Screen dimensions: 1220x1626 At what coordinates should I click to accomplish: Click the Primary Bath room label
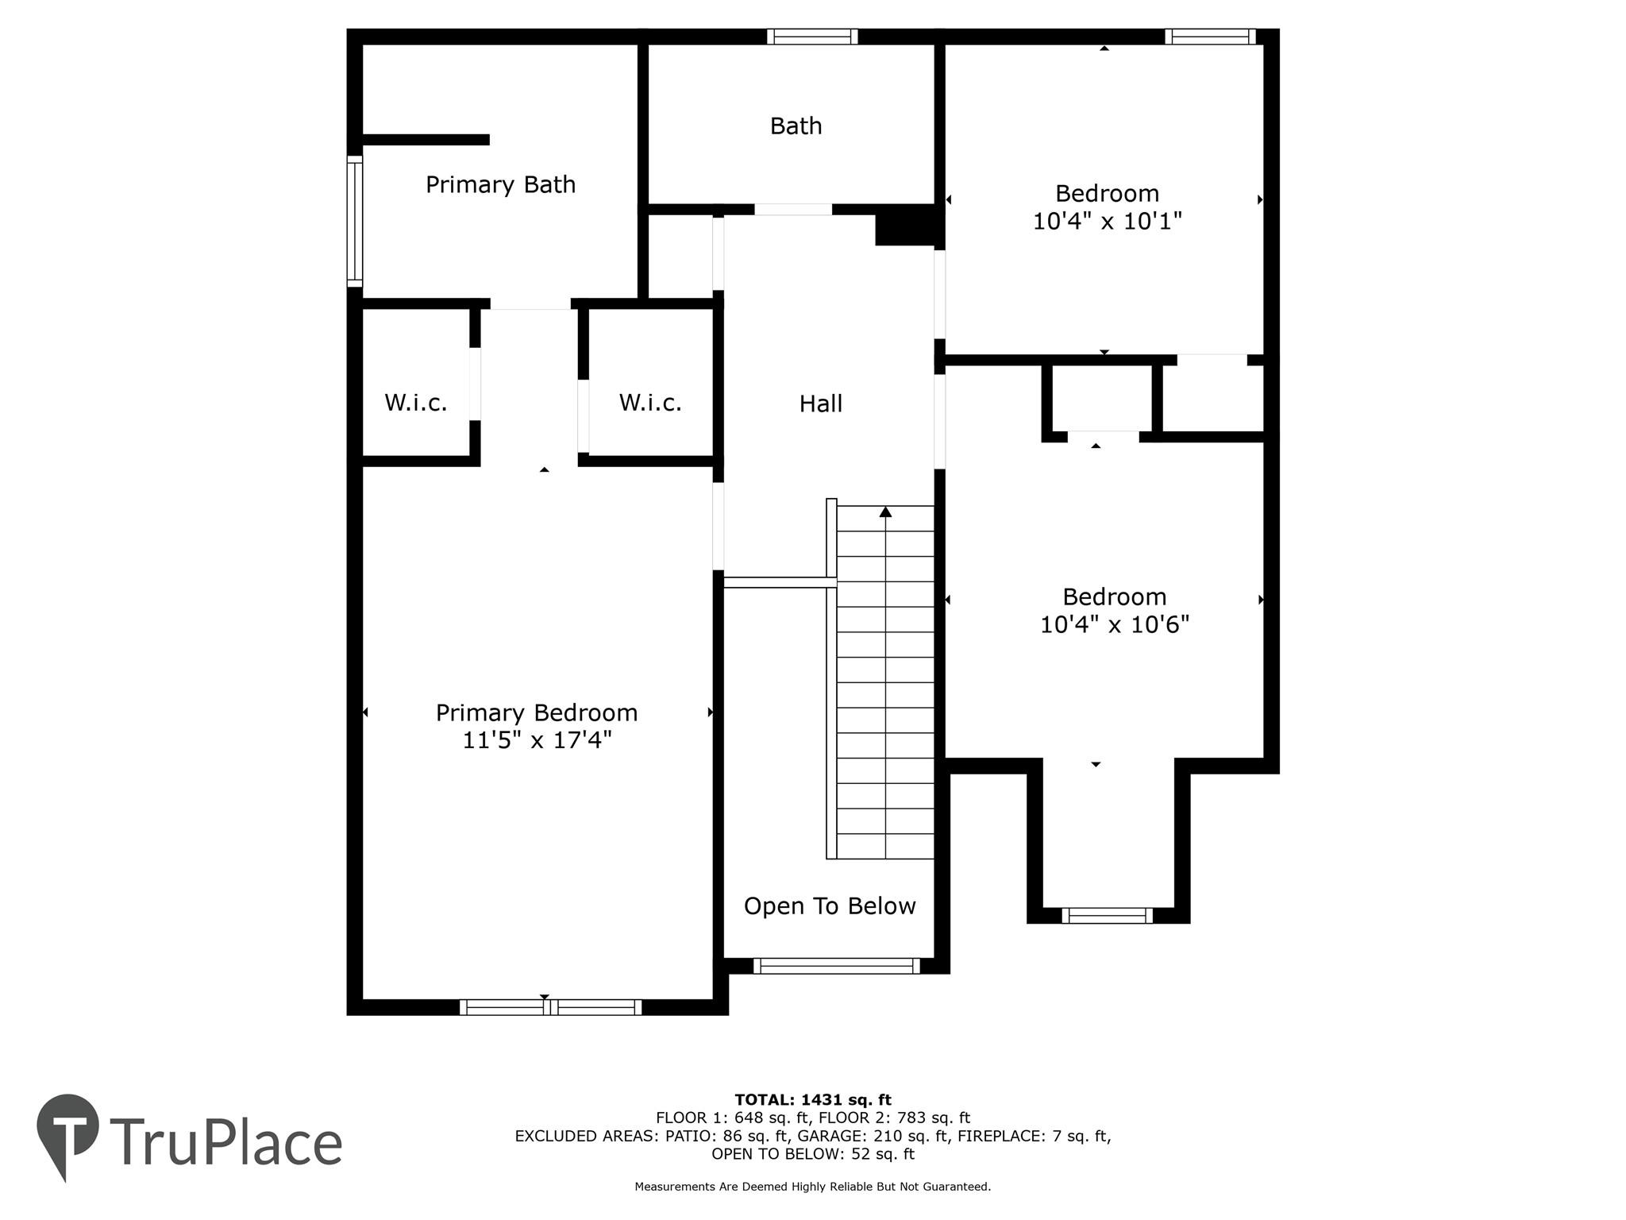tap(500, 184)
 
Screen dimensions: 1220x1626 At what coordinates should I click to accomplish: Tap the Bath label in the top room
tap(796, 125)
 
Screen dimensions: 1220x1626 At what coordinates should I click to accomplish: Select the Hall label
tap(820, 403)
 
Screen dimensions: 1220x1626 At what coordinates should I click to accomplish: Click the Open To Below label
tap(829, 906)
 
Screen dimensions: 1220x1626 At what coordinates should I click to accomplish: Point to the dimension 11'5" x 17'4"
tap(537, 740)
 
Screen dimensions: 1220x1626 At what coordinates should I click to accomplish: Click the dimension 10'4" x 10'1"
tap(1107, 221)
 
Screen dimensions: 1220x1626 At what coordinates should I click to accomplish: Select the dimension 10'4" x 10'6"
tap(1114, 625)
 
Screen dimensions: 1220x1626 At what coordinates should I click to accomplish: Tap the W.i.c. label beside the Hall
tap(650, 403)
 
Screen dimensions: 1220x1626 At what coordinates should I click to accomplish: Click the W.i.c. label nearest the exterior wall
tap(415, 403)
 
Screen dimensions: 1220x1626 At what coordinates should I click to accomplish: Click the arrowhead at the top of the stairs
tap(885, 512)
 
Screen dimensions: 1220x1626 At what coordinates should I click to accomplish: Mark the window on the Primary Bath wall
tap(355, 221)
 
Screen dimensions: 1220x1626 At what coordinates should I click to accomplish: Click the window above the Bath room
tap(812, 37)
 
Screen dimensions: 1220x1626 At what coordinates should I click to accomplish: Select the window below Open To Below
tap(836, 966)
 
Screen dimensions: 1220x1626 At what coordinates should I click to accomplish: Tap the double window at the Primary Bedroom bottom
tap(550, 1007)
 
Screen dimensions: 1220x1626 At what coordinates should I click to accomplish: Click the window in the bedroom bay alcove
tap(1107, 916)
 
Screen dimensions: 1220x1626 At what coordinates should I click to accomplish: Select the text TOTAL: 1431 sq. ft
tap(812, 1100)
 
